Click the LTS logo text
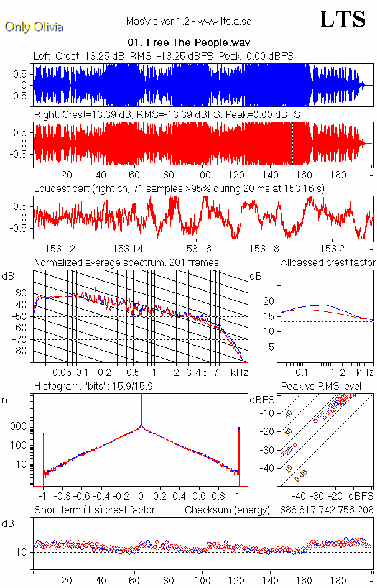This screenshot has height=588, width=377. pyautogui.click(x=342, y=19)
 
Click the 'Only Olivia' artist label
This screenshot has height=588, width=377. pyautogui.click(x=34, y=27)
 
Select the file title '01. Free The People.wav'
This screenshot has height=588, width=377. pyautogui.click(x=188, y=43)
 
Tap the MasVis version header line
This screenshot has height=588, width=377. pyautogui.click(x=188, y=21)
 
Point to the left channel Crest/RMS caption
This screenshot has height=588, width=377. pyautogui.click(x=163, y=56)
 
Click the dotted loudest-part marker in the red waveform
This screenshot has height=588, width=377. pyautogui.click(x=292, y=143)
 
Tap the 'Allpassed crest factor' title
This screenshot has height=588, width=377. pyautogui.click(x=328, y=262)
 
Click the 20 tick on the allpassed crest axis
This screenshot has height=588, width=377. pyautogui.click(x=268, y=301)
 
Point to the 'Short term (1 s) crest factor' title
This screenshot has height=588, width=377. pyautogui.click(x=94, y=510)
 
